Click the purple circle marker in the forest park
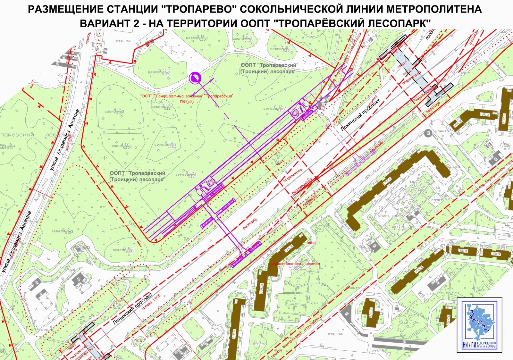coord(195,78)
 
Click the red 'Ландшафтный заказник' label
coord(188,96)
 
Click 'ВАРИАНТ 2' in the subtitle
coord(109,23)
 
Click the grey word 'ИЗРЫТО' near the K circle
coord(442,132)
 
